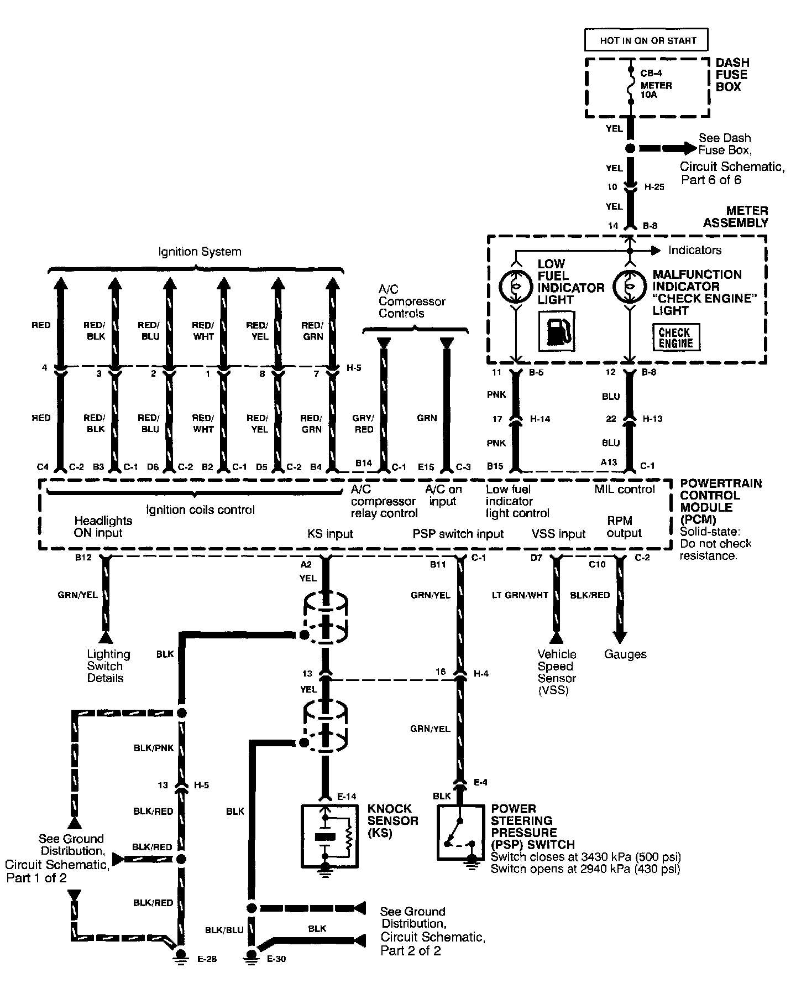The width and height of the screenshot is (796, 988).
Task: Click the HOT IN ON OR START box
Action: (x=646, y=40)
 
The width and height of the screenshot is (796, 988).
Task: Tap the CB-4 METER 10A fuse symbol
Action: (x=630, y=86)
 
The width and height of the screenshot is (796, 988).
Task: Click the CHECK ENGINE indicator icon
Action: (x=675, y=337)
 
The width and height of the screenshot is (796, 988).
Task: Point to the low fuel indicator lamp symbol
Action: (x=515, y=286)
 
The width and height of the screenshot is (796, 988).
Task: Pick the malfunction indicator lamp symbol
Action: (x=629, y=287)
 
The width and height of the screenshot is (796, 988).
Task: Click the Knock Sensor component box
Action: (x=329, y=835)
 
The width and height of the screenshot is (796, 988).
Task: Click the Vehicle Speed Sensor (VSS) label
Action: (x=557, y=672)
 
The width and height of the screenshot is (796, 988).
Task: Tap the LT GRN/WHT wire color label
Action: (x=520, y=595)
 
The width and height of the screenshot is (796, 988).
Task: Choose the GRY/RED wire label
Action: (x=364, y=424)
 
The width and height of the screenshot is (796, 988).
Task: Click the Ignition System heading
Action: (x=200, y=252)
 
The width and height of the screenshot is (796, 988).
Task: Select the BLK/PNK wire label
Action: (x=154, y=748)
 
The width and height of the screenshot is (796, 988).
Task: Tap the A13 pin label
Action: (x=609, y=462)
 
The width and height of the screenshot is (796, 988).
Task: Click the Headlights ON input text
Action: (x=103, y=527)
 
